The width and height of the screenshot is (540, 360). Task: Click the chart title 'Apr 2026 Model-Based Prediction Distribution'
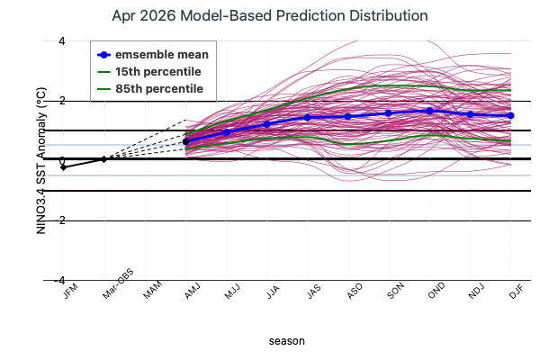pyautogui.click(x=270, y=16)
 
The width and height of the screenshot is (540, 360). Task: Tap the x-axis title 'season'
pyautogui.click(x=287, y=341)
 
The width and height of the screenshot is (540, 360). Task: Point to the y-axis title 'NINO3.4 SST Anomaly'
pyautogui.click(x=40, y=160)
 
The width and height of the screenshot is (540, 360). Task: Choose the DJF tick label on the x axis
pyautogui.click(x=508, y=293)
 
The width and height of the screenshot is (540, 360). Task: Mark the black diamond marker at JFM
pyautogui.click(x=63, y=167)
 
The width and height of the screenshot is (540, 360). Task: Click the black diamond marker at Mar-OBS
pyautogui.click(x=103, y=159)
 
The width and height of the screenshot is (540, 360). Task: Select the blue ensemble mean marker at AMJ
pyautogui.click(x=185, y=141)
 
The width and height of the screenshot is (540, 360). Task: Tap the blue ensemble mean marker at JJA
pyautogui.click(x=266, y=124)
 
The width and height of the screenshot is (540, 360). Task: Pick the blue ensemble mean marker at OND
pyautogui.click(x=429, y=111)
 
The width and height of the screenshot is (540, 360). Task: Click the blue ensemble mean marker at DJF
pyautogui.click(x=510, y=115)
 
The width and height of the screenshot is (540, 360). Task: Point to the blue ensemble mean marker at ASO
pyautogui.click(x=348, y=116)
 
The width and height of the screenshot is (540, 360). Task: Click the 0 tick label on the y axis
pyautogui.click(x=37, y=160)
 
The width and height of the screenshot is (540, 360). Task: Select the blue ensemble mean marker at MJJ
pyautogui.click(x=226, y=132)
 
